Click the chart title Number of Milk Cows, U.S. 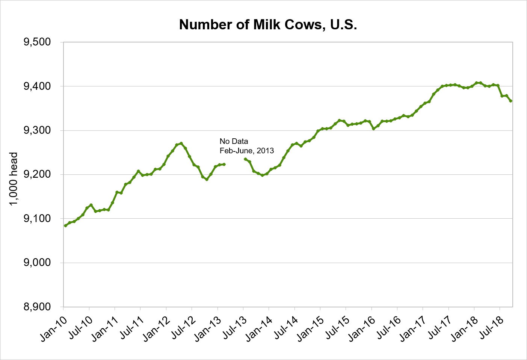tap(268, 25)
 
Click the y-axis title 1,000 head tap(14, 179)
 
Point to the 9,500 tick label tap(37, 42)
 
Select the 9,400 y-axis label tap(37, 86)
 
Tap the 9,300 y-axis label tap(37, 130)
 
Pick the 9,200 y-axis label tap(37, 175)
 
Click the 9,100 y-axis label tap(37, 219)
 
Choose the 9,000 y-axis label tap(37, 263)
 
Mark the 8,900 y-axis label tap(37, 307)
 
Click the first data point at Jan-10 tap(65, 225)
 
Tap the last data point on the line tap(510, 101)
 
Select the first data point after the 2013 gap tap(245, 159)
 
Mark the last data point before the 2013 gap tap(224, 164)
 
